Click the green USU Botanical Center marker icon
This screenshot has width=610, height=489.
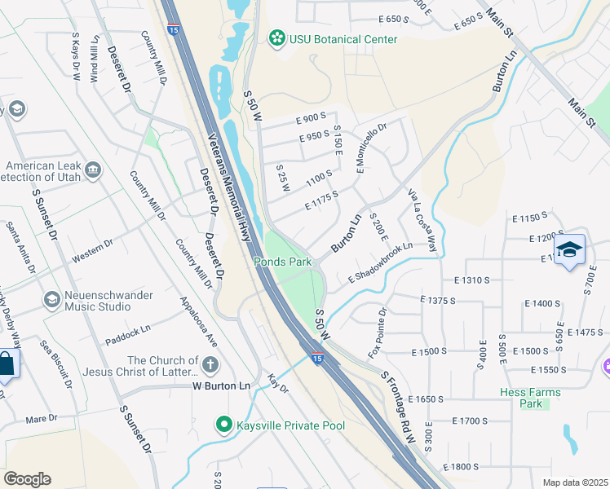278,38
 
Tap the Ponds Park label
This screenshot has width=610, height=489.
283,262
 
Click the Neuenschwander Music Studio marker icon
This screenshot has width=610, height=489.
52,300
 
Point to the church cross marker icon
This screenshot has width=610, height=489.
210,363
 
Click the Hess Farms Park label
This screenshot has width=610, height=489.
530,398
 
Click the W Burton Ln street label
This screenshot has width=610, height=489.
221,385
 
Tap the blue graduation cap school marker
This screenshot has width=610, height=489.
569,249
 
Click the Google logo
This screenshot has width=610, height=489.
27,478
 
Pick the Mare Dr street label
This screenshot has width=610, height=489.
41,418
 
